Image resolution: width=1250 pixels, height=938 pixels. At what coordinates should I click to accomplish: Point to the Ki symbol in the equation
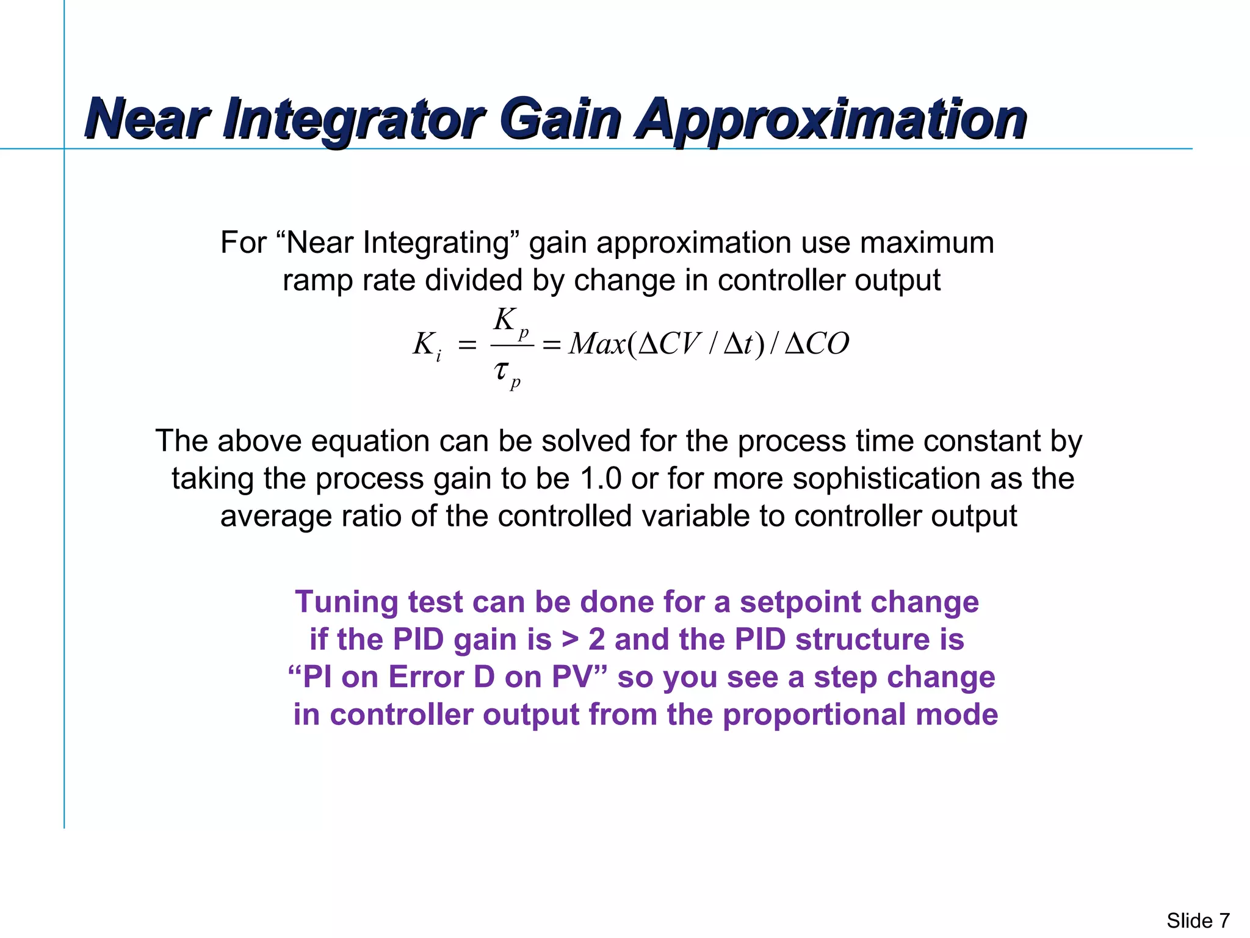(x=426, y=346)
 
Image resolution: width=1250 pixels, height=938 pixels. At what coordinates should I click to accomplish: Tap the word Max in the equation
(x=596, y=344)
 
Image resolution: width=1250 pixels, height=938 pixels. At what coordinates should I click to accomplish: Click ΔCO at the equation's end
(x=816, y=344)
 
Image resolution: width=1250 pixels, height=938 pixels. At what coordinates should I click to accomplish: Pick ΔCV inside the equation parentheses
(x=669, y=344)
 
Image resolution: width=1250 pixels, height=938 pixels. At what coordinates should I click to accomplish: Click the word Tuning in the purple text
(x=347, y=602)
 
